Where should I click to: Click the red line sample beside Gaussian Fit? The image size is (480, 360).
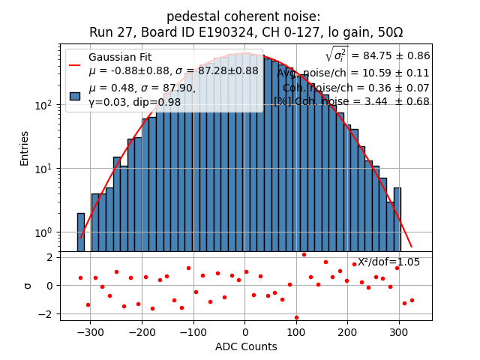click(x=75, y=64)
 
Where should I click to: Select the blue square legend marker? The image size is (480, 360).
click(x=75, y=95)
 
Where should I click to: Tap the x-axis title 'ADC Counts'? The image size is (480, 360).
click(x=245, y=346)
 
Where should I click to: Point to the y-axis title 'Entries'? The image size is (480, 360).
click(x=25, y=148)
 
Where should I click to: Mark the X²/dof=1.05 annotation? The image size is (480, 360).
click(x=388, y=262)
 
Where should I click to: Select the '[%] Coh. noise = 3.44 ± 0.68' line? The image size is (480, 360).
click(x=351, y=101)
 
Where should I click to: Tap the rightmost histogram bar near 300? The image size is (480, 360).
click(x=397, y=220)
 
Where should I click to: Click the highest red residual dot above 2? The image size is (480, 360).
click(x=304, y=254)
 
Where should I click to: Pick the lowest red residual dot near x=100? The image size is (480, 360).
click(x=296, y=317)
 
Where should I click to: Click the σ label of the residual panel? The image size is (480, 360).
click(x=28, y=286)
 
